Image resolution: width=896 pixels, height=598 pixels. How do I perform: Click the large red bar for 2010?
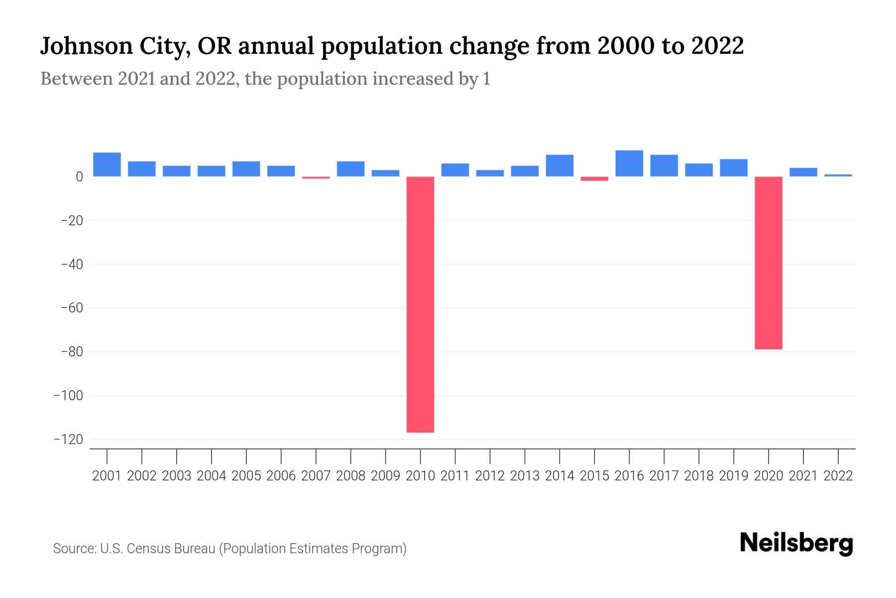420,304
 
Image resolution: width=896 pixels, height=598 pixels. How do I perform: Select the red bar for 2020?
768,263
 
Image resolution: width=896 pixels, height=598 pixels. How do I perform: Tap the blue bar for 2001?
107,164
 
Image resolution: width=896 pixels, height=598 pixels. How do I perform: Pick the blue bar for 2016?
629,163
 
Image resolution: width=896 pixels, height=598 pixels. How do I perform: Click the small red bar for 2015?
594,178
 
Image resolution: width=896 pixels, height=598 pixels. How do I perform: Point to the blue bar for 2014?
560,165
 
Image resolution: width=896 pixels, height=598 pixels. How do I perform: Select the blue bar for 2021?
803,172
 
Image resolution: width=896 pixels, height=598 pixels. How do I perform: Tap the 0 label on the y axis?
79,177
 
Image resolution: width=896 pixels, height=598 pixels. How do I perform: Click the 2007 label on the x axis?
316,476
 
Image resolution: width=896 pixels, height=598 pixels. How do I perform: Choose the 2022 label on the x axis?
838,476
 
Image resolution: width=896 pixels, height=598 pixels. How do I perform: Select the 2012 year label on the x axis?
490,476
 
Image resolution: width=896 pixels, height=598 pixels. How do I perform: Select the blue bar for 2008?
350,169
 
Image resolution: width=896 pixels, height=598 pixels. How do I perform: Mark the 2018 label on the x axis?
699,476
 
